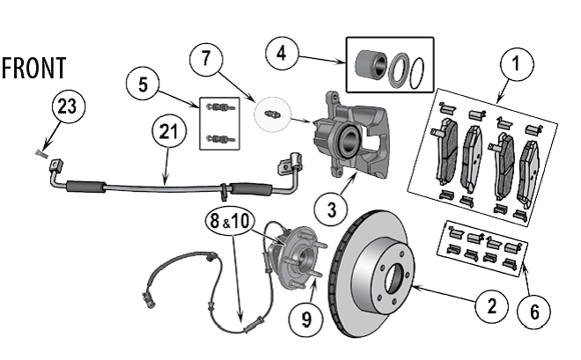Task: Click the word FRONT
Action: pyautogui.click(x=33, y=69)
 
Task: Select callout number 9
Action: pyautogui.click(x=305, y=317)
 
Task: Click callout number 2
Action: pyautogui.click(x=489, y=305)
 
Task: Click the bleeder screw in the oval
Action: pyautogui.click(x=272, y=114)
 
